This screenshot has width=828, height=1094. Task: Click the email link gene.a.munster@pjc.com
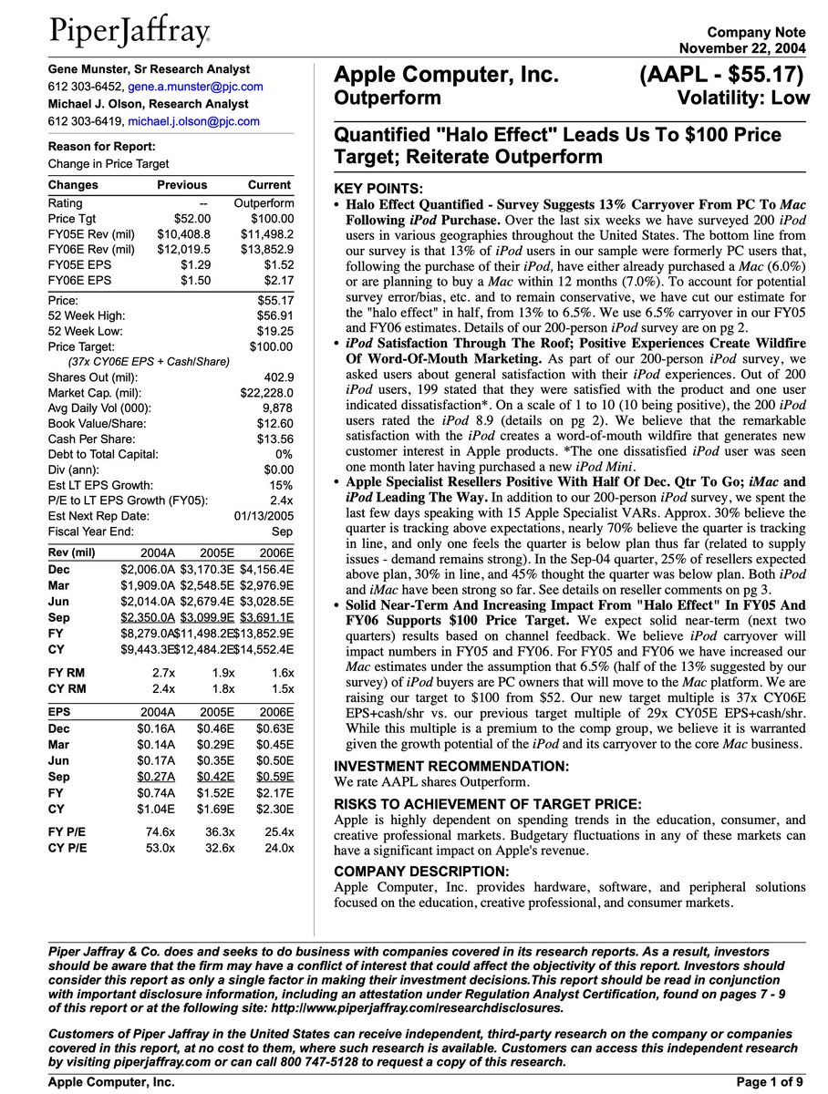[x=195, y=87]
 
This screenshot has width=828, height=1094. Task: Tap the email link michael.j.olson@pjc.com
[x=193, y=121]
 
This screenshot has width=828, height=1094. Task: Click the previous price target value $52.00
[x=192, y=219]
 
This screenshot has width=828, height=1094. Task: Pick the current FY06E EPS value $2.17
[x=276, y=281]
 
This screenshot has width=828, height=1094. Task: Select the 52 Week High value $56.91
[x=275, y=315]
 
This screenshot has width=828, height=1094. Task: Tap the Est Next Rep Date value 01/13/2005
[x=264, y=516]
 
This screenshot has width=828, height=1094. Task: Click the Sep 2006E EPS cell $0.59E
[x=274, y=776]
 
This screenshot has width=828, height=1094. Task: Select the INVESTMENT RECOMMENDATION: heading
[x=451, y=767]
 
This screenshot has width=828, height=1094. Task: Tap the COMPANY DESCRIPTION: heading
[x=421, y=872]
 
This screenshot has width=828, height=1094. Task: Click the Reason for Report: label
[x=101, y=147]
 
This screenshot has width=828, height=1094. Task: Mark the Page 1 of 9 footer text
[x=770, y=1082]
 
